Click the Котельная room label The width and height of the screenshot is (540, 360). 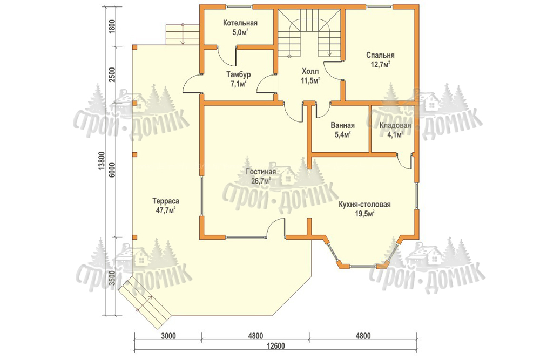pyautogui.click(x=240, y=23)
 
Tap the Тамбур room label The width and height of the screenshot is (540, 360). pyautogui.click(x=239, y=74)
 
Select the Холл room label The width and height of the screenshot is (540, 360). pyautogui.click(x=310, y=72)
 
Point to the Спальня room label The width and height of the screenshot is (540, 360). pyautogui.click(x=380, y=55)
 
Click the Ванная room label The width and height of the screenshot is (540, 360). pyautogui.click(x=343, y=125)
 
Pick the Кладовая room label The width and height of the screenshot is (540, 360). pyautogui.click(x=395, y=125)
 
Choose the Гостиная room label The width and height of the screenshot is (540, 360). pyautogui.click(x=261, y=172)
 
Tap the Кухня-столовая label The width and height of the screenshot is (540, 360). pyautogui.click(x=364, y=205)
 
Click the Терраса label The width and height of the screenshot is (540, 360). pyautogui.click(x=166, y=201)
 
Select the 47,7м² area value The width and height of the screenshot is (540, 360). pyautogui.click(x=166, y=210)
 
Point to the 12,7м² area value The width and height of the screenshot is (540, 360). pyautogui.click(x=380, y=64)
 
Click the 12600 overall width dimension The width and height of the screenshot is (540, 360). pyautogui.click(x=275, y=346)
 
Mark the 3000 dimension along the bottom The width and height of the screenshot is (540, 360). pyautogui.click(x=168, y=336)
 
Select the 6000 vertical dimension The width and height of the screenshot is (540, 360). pyautogui.click(x=111, y=170)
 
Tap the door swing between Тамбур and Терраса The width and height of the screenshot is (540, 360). pyautogui.click(x=191, y=84)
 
